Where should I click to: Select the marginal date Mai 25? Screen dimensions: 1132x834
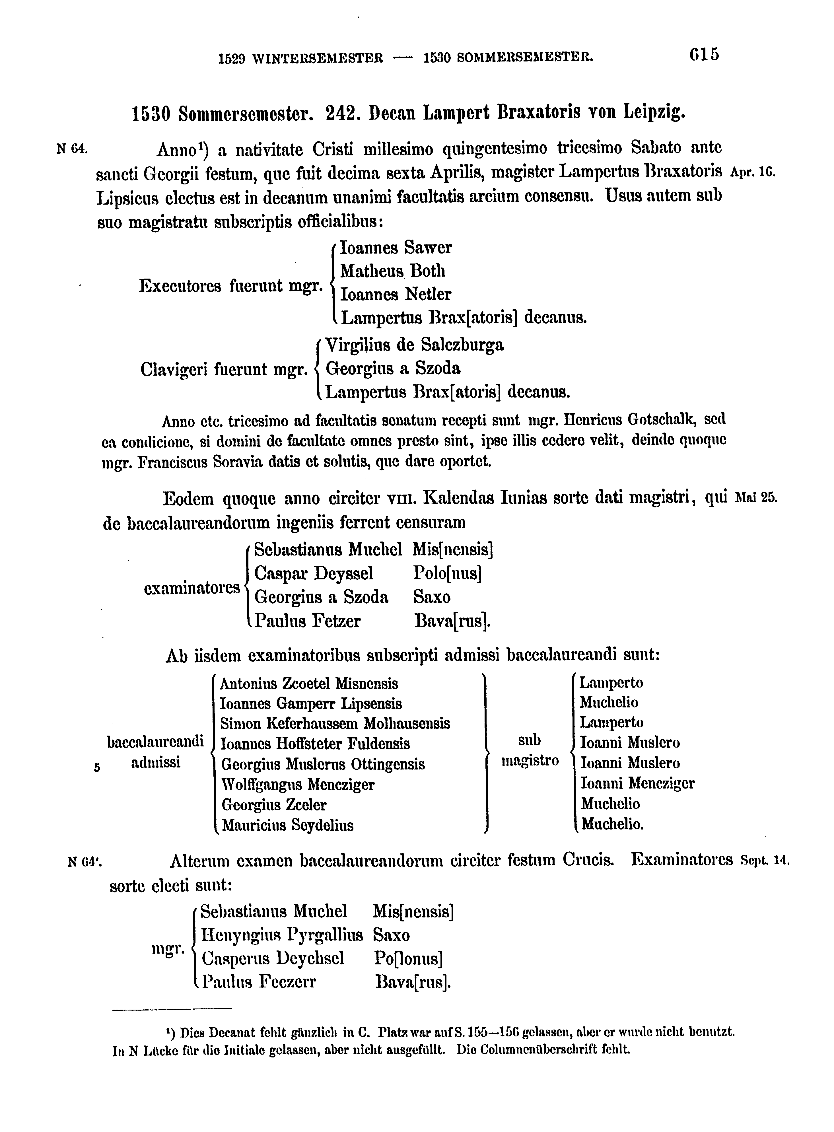click(756, 497)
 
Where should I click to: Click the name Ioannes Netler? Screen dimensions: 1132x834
click(396, 294)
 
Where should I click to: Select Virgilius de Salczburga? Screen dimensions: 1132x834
click(415, 345)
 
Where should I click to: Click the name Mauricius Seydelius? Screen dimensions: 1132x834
click(288, 826)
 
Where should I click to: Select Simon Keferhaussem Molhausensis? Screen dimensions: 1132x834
click(335, 724)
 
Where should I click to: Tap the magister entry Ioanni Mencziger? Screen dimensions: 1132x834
click(638, 784)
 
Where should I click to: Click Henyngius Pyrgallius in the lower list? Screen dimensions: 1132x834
click(282, 935)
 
